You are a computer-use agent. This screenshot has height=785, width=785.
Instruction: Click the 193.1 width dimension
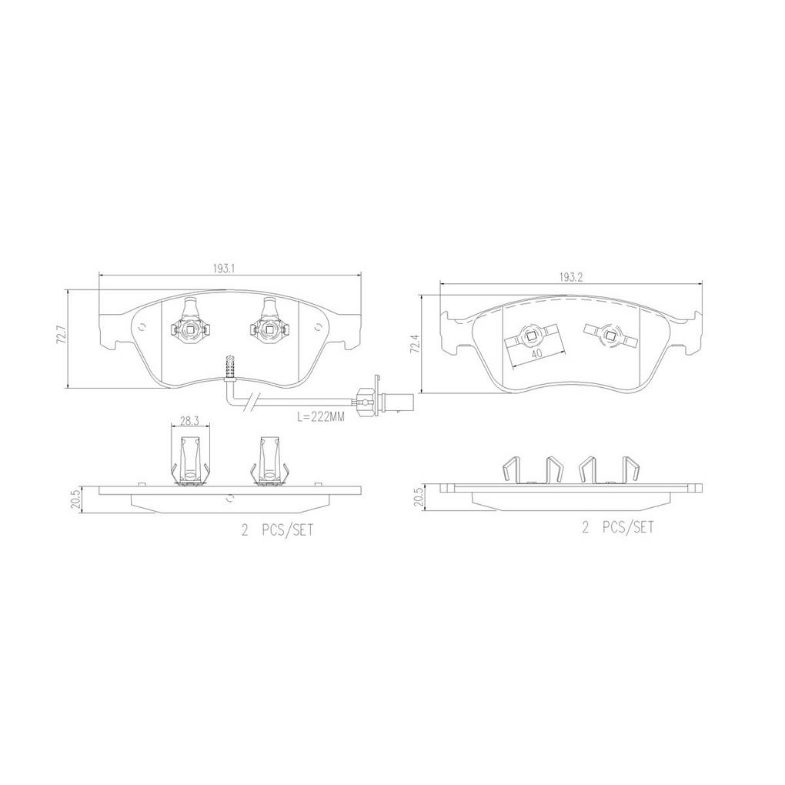(224, 269)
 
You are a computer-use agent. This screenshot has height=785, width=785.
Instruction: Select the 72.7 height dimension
(62, 334)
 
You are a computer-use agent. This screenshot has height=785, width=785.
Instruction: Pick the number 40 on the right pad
(536, 353)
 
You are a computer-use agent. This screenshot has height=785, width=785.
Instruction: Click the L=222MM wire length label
(321, 416)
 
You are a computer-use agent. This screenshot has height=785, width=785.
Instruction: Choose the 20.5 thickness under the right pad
(420, 497)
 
